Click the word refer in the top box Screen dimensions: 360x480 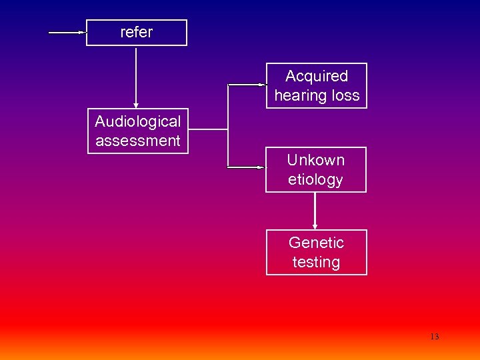136,32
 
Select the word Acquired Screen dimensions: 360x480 317,76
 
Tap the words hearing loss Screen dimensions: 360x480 317,95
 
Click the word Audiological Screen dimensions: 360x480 138,121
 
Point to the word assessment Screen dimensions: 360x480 138,141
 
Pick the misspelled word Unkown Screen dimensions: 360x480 316,160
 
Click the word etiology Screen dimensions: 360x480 315,179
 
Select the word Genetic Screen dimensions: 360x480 316,243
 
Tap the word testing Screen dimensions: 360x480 316,262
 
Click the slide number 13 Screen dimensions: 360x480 435,337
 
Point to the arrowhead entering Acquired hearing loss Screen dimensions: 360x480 261,85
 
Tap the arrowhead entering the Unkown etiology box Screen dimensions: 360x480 261,167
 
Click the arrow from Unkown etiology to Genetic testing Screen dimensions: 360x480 315,210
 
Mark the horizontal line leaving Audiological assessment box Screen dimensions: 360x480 209,129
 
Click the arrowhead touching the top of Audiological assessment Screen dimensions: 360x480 136,105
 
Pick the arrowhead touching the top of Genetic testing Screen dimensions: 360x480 315,227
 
